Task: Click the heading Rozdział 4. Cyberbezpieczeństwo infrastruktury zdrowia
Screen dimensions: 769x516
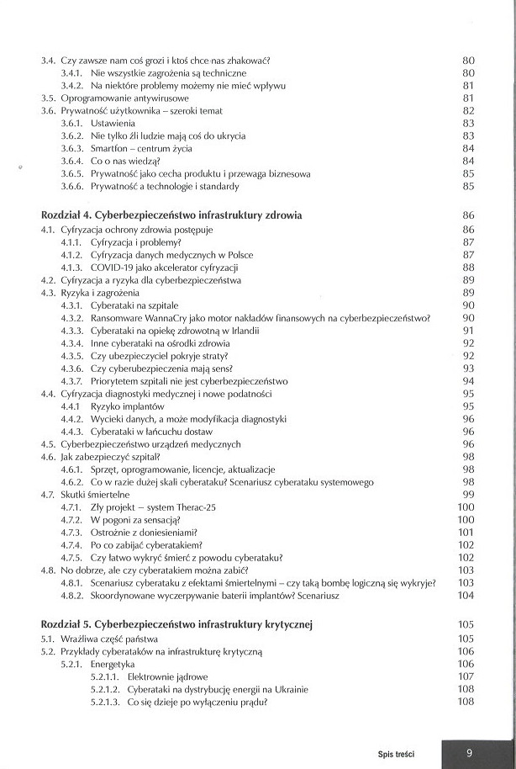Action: coord(171,215)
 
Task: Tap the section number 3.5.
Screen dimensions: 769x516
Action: coord(49,98)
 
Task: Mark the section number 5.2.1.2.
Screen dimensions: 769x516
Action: coord(106,689)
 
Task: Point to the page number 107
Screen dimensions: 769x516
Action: coord(466,676)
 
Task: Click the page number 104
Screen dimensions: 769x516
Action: coord(466,595)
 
